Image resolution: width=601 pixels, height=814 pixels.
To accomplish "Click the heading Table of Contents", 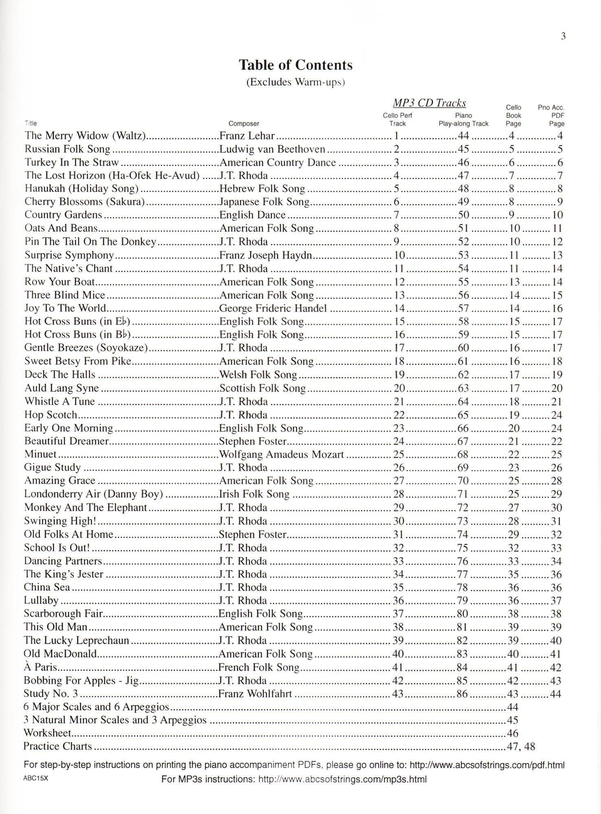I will (x=295, y=65).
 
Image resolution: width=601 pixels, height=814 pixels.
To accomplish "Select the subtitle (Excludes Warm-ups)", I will (x=295, y=82).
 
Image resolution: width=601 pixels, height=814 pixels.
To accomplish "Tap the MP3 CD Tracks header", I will (x=429, y=103).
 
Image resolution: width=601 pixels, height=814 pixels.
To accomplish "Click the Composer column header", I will (x=244, y=124).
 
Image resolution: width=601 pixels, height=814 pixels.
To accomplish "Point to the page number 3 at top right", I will (x=563, y=36).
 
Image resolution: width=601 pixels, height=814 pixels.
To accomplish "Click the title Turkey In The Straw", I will (x=72, y=162).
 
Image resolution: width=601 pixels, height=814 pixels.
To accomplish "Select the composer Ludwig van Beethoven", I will (x=272, y=149).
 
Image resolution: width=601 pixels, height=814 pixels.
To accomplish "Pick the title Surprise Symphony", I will (x=69, y=255).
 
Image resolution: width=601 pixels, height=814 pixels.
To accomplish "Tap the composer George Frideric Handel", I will (x=273, y=308).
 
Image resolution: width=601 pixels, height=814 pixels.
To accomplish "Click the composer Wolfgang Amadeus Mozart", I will (x=281, y=455).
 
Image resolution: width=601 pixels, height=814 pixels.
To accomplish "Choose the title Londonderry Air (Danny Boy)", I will (x=94, y=494).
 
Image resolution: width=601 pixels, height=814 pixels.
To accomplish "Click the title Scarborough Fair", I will (x=64, y=614).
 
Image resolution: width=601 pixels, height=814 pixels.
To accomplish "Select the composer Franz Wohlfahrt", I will (x=255, y=694).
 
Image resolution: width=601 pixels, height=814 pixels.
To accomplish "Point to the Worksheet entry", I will (x=48, y=733).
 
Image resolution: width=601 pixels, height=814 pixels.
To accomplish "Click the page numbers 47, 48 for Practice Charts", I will (x=521, y=746).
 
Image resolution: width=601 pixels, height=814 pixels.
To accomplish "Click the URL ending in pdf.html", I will (x=487, y=765).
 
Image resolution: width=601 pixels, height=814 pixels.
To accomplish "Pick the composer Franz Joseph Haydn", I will (x=266, y=255).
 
